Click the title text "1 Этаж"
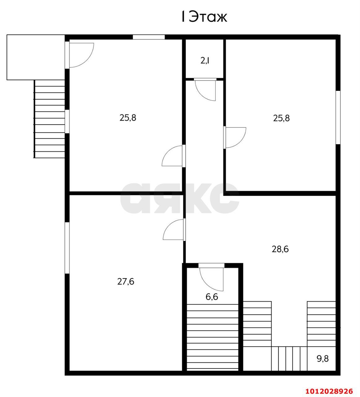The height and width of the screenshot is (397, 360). [x=204, y=17]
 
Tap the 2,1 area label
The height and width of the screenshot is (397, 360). [x=205, y=60]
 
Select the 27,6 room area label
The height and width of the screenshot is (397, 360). [x=126, y=282]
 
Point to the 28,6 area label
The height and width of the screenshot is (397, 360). [x=280, y=249]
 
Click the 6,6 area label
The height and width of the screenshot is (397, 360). [x=212, y=297]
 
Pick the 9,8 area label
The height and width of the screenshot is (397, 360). [x=322, y=359]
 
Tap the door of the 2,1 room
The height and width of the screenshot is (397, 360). [x=205, y=89]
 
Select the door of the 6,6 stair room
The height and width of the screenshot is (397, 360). [x=212, y=276]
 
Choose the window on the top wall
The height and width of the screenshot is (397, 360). [x=149, y=37]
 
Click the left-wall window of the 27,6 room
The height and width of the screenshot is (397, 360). [x=67, y=248]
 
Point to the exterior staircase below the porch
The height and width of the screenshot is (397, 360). [x=50, y=119]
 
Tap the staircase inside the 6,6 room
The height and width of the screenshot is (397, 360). [x=213, y=337]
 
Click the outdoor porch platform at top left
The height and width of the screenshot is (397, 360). [x=36, y=57]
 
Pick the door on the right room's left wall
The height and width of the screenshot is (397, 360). [x=235, y=137]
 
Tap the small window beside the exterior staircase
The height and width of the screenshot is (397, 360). [x=67, y=122]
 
